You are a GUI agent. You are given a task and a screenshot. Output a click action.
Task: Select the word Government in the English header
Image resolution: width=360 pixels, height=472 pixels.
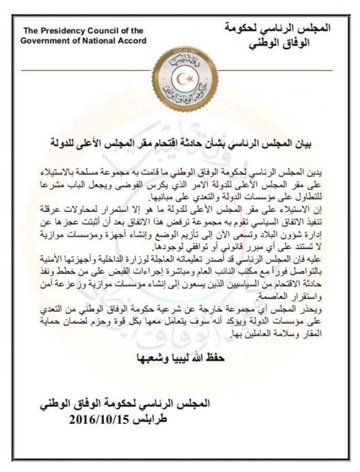click(44, 41)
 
